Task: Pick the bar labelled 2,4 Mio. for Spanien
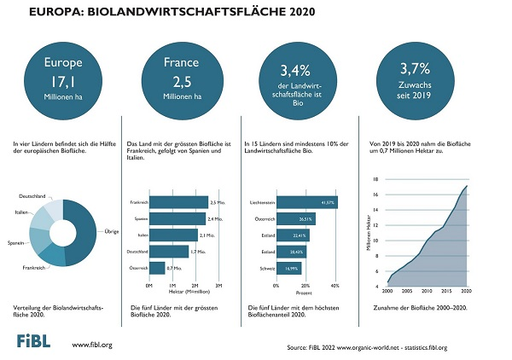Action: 178,218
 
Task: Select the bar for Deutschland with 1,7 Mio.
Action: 169,251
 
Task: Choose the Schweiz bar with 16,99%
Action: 288,268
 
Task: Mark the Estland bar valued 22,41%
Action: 292,235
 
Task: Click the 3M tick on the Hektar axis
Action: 218,285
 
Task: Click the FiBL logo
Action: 37,342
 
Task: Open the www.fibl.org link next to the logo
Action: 92,345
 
